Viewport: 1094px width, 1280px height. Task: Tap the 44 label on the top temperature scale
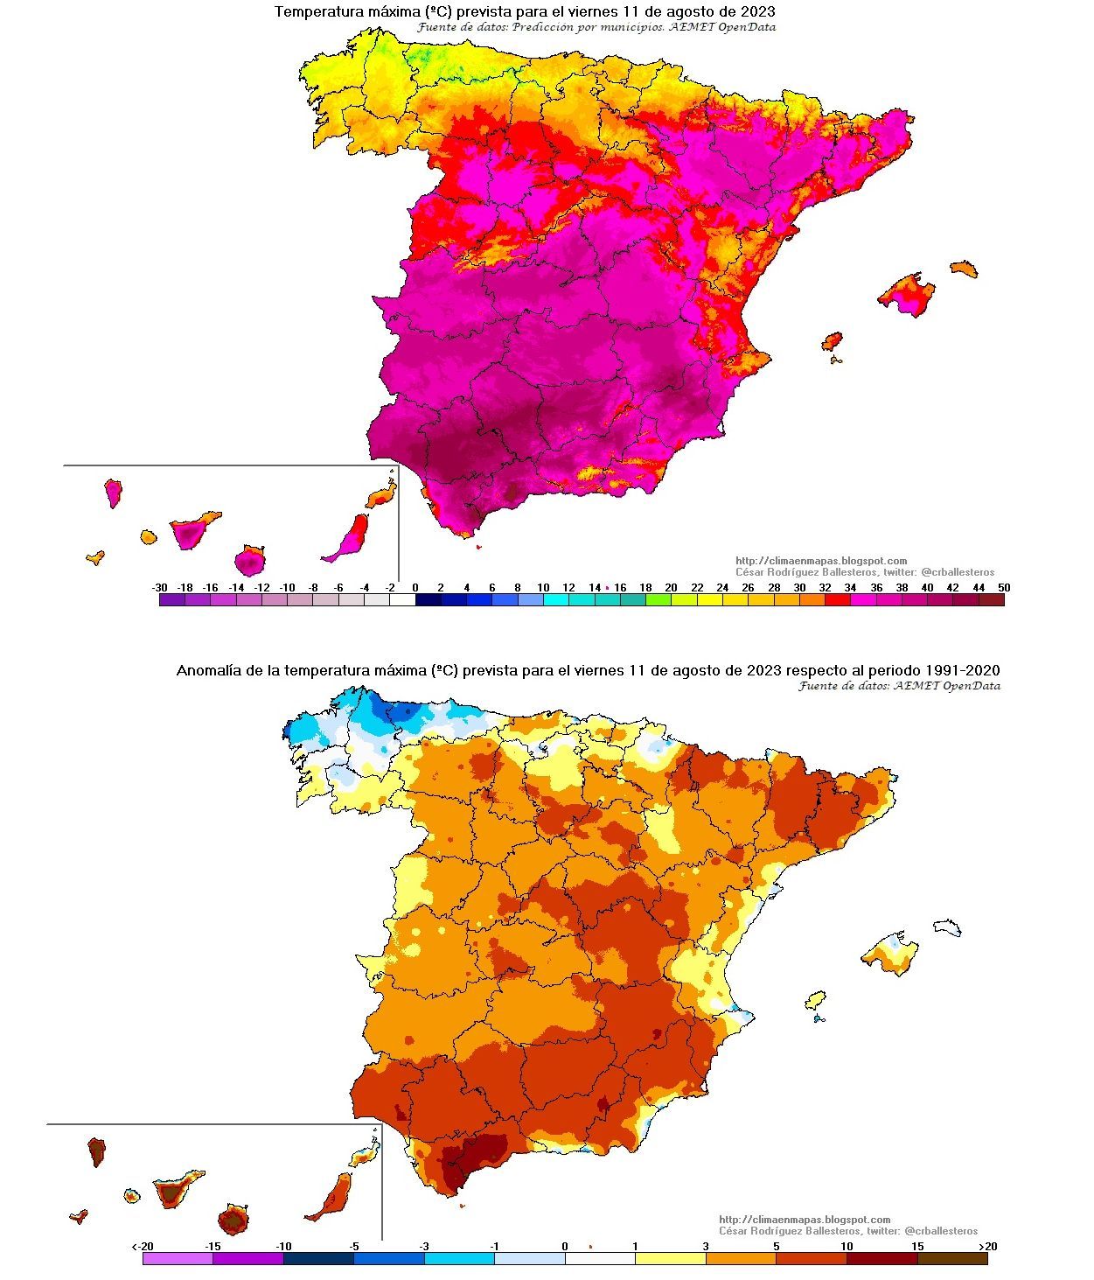pyautogui.click(x=979, y=588)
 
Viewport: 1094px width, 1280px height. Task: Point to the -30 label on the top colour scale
pyautogui.click(x=159, y=588)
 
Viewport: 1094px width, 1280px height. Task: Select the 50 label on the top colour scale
pyautogui.click(x=1003, y=588)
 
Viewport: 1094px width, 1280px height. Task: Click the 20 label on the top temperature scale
pyautogui.click(x=671, y=588)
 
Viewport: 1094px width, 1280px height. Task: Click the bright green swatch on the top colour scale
pyautogui.click(x=658, y=600)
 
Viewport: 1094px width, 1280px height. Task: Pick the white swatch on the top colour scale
pyautogui.click(x=402, y=600)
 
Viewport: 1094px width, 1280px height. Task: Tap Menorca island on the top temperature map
pyautogui.click(x=964, y=269)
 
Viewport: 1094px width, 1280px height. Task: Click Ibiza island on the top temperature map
pyautogui.click(x=832, y=340)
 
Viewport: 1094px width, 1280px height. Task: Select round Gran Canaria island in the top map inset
pyautogui.click(x=250, y=560)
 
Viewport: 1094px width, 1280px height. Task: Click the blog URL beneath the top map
pyautogui.click(x=821, y=561)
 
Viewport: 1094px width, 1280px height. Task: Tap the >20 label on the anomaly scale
pyautogui.click(x=986, y=1246)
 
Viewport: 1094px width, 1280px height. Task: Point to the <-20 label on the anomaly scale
pyautogui.click(x=143, y=1246)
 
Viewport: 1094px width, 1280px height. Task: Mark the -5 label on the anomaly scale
pyautogui.click(x=354, y=1246)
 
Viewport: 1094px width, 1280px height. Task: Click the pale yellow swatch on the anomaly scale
pyautogui.click(x=671, y=1258)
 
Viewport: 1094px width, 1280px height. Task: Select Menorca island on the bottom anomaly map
pyautogui.click(x=947, y=927)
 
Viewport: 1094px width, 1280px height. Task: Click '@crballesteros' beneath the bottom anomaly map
pyautogui.click(x=941, y=1231)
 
